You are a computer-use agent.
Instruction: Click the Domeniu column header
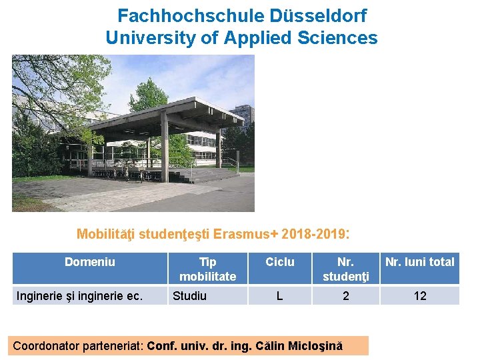point(89,262)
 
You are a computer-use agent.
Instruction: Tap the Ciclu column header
point(279,262)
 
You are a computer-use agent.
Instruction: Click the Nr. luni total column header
point(420,262)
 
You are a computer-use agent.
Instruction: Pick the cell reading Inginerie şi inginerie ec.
point(79,295)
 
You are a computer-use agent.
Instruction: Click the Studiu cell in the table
point(189,295)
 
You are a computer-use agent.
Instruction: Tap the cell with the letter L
point(279,295)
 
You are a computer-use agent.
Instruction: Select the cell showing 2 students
point(345,295)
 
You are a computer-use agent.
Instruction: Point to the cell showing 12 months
point(420,295)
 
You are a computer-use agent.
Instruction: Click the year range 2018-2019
point(313,234)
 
